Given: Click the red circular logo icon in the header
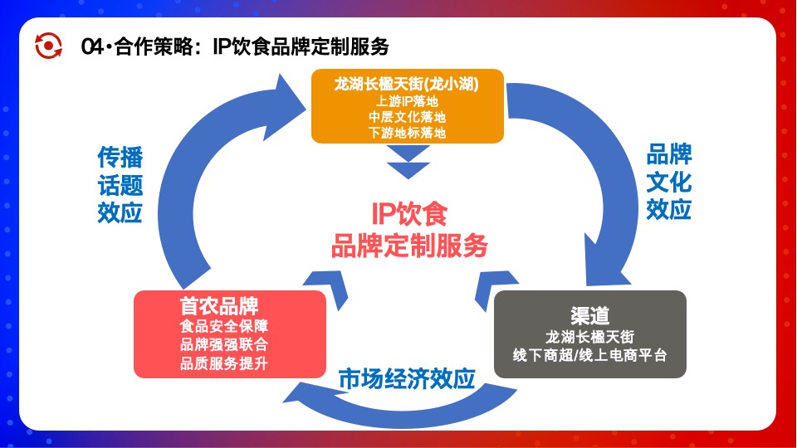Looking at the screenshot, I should coord(48,46).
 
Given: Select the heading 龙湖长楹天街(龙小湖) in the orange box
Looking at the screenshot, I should coord(407,85).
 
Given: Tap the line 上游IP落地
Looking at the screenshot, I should coord(407,101).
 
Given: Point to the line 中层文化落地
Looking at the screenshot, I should coord(407,117).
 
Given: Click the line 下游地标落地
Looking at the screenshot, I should coord(407,133).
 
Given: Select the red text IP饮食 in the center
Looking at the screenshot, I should coord(408,214).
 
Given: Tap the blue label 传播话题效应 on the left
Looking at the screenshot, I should coord(120,184).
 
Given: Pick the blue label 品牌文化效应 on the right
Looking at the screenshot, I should coord(669,182).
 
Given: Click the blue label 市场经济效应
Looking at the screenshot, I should coord(406,379).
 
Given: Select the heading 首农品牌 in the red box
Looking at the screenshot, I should coord(218,304).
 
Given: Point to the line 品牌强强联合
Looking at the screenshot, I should coord(223,344).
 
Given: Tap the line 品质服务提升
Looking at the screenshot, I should coord(223,363).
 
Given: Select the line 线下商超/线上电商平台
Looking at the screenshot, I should coord(590,356).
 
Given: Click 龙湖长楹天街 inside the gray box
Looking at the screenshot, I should coord(590,337).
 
